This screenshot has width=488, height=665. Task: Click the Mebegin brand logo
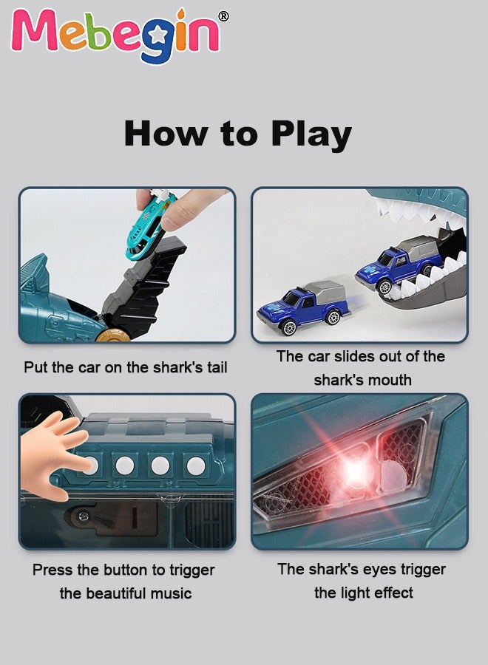(115, 35)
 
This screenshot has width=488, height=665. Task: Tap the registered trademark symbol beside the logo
(223, 16)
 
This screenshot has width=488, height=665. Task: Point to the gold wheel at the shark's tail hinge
(112, 334)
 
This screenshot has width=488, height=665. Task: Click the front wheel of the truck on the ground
(289, 327)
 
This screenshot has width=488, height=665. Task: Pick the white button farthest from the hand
(196, 465)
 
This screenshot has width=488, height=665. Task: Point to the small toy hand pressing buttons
(54, 455)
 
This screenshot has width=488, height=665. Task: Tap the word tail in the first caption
(217, 366)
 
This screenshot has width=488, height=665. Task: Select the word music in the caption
(172, 593)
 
